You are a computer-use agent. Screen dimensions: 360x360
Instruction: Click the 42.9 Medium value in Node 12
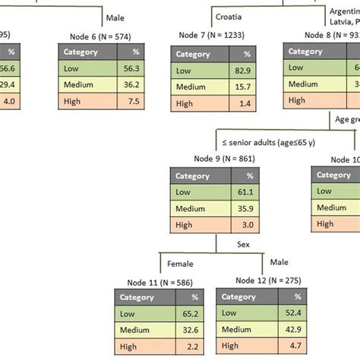pos(292,330)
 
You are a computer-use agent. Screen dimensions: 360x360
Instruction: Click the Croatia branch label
pos(229,16)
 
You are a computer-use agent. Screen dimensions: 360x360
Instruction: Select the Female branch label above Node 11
pos(179,264)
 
